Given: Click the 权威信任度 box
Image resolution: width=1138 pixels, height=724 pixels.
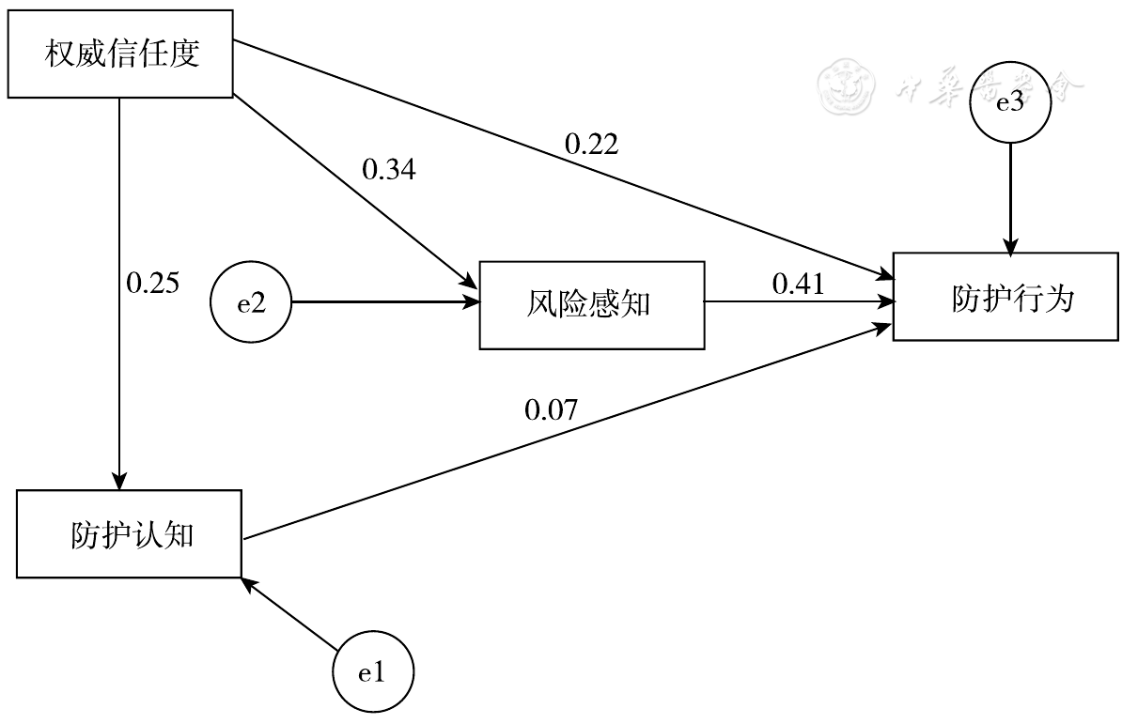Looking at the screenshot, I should (119, 54).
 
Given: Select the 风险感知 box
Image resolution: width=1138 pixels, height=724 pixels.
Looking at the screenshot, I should (592, 304).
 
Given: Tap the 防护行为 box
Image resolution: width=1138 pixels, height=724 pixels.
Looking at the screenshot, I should (1005, 297).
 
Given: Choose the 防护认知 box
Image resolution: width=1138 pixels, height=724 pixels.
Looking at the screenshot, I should (130, 533).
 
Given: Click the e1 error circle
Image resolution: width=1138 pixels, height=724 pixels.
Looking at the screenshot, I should (373, 672).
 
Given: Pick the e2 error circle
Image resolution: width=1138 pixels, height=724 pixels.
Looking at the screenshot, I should (251, 302).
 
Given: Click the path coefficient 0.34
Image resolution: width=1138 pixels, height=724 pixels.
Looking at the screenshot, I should (389, 170).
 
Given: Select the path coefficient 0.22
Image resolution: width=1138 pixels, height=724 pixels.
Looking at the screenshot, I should (591, 143).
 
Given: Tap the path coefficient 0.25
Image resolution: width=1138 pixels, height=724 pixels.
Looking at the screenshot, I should (152, 283).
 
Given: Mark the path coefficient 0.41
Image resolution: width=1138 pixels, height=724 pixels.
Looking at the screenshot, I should (798, 284).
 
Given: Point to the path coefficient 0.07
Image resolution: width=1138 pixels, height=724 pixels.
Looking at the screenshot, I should (551, 408).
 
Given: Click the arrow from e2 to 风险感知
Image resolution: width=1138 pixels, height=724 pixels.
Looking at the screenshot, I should (385, 302).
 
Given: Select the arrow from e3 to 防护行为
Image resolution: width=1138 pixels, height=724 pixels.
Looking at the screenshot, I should (1010, 197).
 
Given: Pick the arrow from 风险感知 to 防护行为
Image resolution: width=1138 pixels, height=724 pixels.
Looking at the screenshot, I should (799, 302).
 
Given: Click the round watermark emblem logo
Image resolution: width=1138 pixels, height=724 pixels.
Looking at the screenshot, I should (844, 87).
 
